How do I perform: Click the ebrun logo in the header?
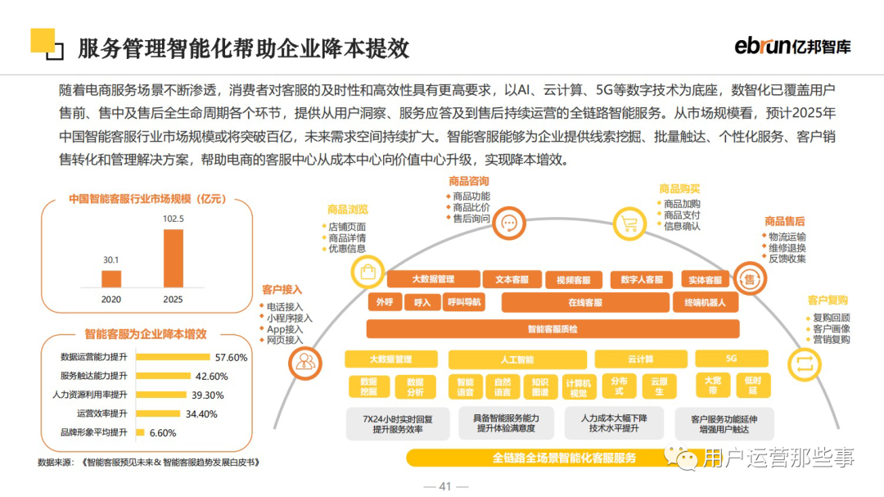coord(792,46)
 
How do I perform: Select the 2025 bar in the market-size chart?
coord(174,258)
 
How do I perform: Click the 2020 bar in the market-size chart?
coord(111,278)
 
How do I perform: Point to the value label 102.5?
coord(174,219)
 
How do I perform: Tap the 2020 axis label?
coord(111,299)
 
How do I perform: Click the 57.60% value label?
coord(231,357)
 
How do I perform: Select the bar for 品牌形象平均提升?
coord(140,432)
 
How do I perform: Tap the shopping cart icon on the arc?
coord(629,223)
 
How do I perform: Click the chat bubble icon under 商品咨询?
coord(507,223)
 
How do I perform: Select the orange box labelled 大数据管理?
coord(433,279)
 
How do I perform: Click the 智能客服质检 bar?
coord(552,329)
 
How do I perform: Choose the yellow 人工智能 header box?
coord(516,359)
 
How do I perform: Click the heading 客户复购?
coord(828,300)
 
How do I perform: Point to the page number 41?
coord(445,486)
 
